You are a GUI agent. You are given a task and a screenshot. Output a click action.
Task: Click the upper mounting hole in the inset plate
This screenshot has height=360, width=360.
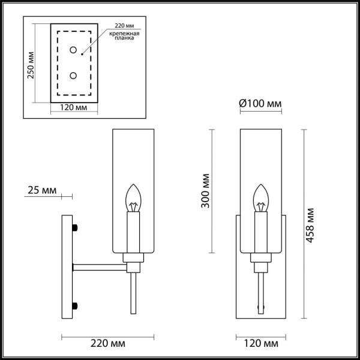(x=73, y=50)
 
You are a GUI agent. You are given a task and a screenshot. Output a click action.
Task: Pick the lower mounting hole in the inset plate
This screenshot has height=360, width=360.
(x=73, y=76)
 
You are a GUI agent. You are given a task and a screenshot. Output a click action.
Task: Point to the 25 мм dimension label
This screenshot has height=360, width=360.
(x=42, y=191)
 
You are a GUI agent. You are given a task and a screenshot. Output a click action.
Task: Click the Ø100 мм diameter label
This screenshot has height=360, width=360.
(x=260, y=104)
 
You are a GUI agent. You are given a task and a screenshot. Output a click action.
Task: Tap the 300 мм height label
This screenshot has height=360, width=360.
(x=206, y=190)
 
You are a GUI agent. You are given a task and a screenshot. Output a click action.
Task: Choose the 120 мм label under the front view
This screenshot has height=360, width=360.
(x=262, y=344)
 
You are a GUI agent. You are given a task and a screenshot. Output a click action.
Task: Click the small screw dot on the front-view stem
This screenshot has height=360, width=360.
(x=261, y=307)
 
